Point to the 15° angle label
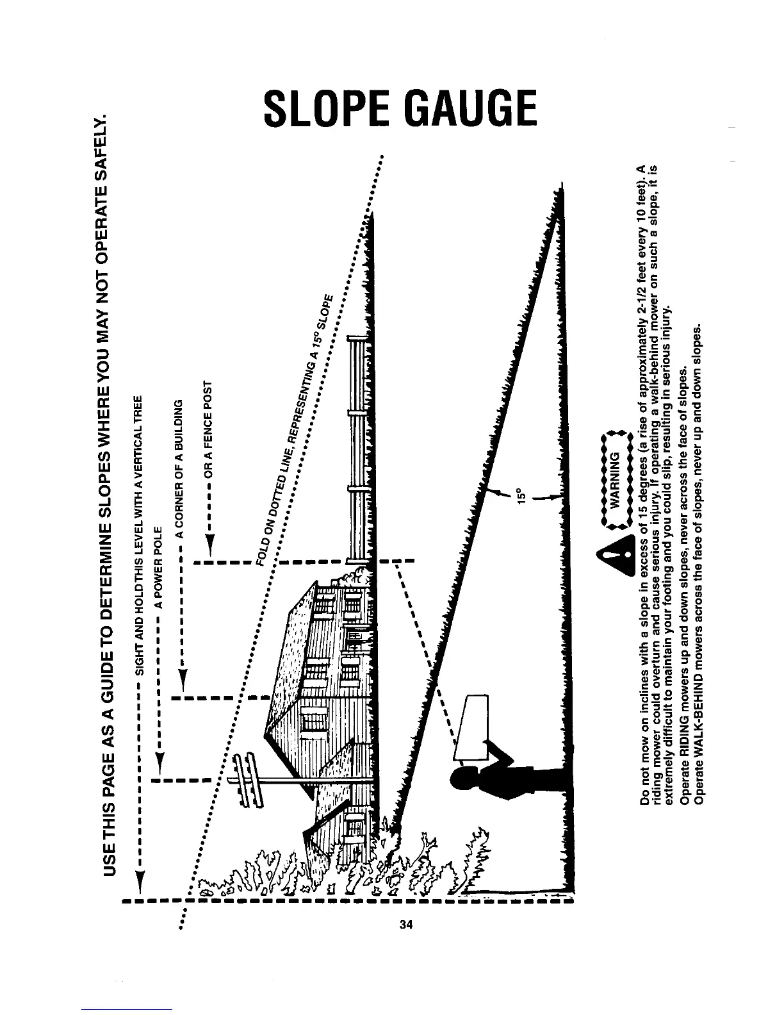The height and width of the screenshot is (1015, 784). [x=521, y=496]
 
